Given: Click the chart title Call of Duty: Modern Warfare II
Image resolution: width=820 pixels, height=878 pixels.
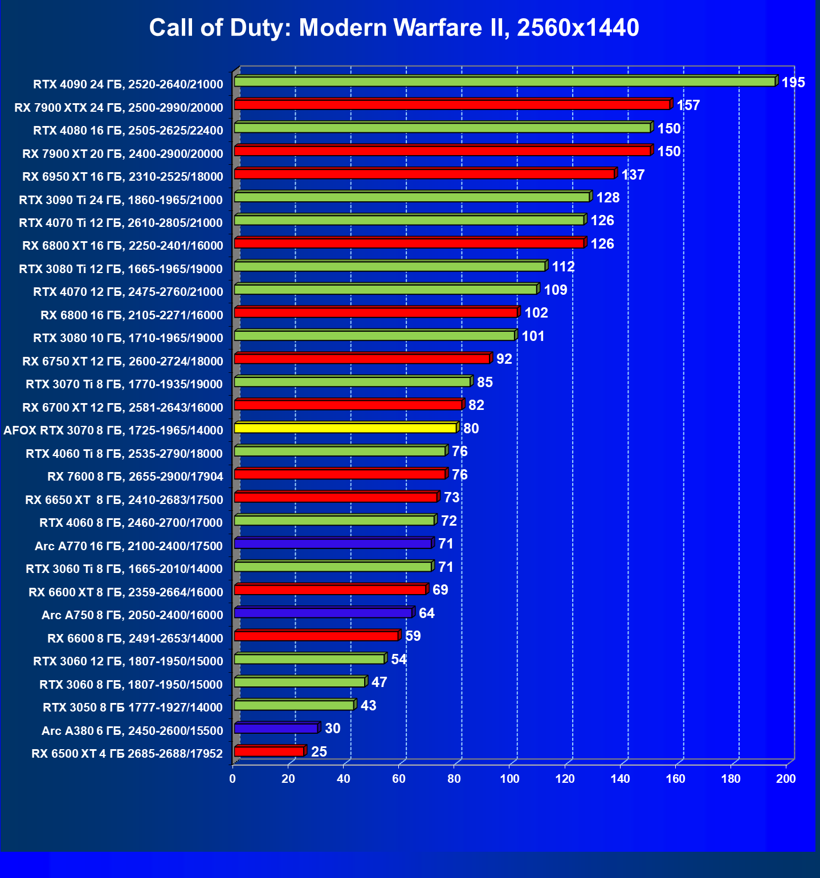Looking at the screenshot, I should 394,27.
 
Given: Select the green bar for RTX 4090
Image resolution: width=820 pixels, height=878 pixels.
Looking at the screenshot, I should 504,82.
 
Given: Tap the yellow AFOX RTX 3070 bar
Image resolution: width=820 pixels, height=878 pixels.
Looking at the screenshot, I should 345,428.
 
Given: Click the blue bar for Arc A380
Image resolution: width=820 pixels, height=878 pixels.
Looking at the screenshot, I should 276,729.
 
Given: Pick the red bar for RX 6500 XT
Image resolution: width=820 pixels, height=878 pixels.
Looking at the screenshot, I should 269,751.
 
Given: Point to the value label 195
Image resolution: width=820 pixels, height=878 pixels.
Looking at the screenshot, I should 793,83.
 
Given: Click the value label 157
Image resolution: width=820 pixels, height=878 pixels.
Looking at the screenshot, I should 688,105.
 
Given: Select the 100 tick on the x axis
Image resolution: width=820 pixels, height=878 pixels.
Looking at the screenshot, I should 509,779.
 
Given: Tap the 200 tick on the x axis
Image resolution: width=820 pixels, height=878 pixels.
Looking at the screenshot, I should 786,779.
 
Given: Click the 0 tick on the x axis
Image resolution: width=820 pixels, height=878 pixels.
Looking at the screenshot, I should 232,779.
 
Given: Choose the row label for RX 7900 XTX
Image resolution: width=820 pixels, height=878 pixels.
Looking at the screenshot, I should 119,108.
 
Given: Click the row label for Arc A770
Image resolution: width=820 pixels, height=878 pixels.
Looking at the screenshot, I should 128,546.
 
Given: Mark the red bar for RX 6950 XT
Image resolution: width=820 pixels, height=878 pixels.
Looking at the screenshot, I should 425,174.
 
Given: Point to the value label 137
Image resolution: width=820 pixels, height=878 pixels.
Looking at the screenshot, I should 633,175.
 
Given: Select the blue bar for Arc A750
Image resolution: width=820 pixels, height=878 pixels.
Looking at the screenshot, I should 323,613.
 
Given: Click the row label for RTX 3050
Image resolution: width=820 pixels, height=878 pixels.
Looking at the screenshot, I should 132,708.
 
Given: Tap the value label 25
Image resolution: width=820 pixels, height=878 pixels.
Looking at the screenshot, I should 319,752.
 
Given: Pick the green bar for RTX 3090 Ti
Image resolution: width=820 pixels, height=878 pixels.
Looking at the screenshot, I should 411,197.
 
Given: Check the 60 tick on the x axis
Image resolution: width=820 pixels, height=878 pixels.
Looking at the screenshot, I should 399,779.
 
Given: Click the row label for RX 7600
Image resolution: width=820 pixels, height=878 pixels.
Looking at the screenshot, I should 135,477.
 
